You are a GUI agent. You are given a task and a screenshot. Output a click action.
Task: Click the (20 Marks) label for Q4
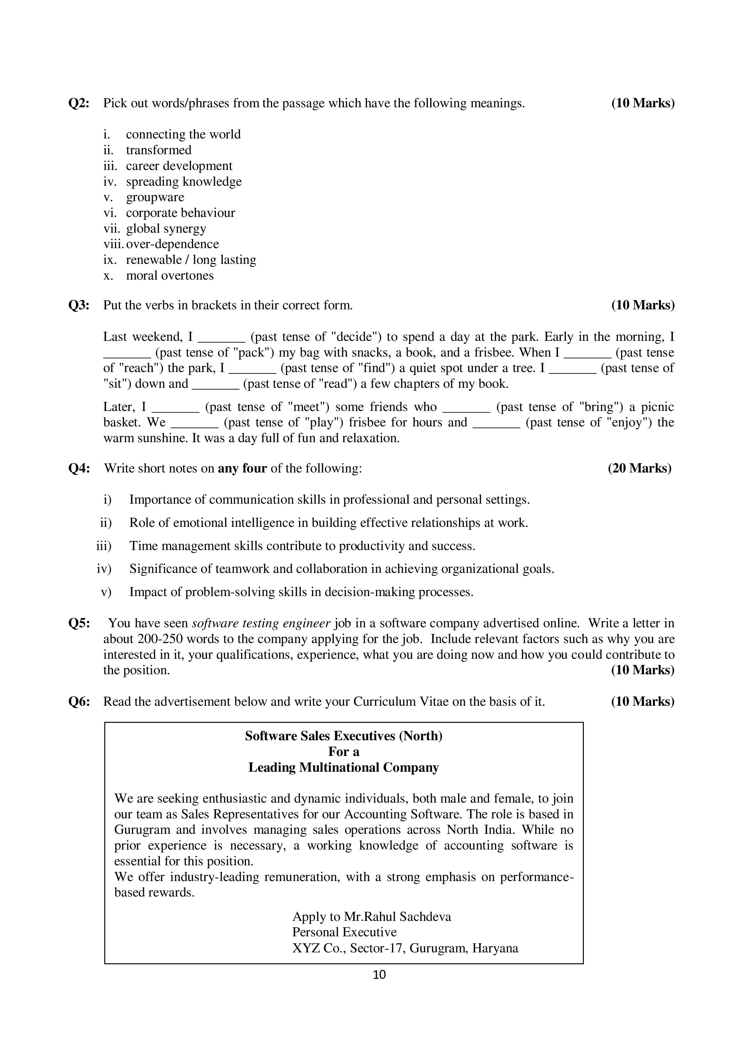click(x=639, y=468)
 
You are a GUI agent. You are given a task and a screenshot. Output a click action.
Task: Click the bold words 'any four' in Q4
click(x=242, y=468)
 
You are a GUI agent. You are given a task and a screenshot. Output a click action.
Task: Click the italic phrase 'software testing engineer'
click(x=261, y=623)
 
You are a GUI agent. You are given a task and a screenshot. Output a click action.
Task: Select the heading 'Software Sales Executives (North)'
click(x=343, y=736)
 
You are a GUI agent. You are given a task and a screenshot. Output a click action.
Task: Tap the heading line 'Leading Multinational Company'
click(x=343, y=768)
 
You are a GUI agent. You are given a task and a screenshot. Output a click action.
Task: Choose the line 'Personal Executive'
click(x=344, y=932)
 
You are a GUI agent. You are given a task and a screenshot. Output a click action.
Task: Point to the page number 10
click(x=379, y=974)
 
